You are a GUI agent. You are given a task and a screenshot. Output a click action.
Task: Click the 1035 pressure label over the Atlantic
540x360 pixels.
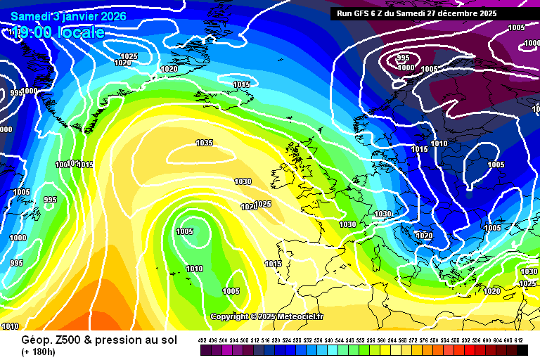click(x=204, y=143)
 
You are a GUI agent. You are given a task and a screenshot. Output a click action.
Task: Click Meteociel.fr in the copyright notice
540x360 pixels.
click(x=300, y=316)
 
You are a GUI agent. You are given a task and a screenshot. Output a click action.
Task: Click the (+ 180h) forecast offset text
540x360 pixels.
click(x=40, y=351)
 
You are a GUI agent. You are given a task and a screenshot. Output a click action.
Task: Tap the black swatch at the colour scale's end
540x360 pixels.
click(x=522, y=349)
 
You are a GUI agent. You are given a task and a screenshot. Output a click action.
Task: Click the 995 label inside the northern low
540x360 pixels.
click(x=403, y=58)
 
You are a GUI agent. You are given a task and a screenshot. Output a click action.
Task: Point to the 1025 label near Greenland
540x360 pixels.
click(x=129, y=56)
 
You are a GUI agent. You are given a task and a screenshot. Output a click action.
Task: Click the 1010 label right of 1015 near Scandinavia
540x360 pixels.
click(x=439, y=143)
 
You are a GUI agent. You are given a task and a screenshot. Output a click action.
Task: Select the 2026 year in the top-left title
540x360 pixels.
click(x=114, y=16)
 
